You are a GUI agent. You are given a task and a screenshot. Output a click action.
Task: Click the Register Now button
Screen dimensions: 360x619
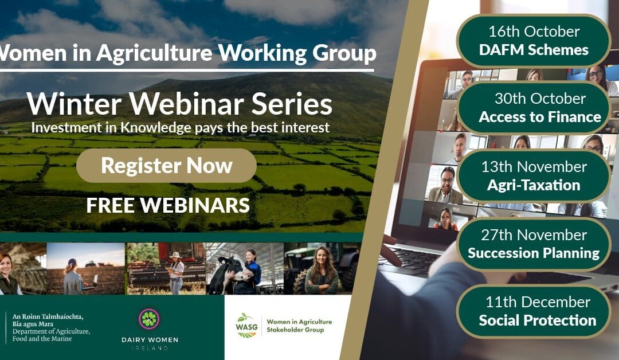tap(166, 166)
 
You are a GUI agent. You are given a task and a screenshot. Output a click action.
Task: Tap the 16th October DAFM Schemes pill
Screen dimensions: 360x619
tap(534, 41)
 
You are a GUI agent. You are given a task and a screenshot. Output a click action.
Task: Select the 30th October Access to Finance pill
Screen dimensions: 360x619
tap(539, 108)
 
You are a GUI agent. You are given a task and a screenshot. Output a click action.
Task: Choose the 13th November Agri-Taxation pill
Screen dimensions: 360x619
tap(533, 176)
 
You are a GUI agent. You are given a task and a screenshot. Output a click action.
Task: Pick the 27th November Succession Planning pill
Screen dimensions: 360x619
tap(533, 244)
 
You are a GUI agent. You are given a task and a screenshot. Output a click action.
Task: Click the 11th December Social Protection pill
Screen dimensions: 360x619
tap(537, 311)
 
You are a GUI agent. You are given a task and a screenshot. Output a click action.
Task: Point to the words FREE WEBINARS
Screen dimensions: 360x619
tap(168, 205)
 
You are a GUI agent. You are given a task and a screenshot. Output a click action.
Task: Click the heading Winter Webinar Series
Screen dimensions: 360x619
tap(179, 104)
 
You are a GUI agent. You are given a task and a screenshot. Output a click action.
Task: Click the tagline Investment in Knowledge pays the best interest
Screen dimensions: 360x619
tap(180, 127)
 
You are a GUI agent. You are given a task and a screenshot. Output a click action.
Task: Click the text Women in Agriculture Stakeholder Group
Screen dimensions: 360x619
tap(299, 326)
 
